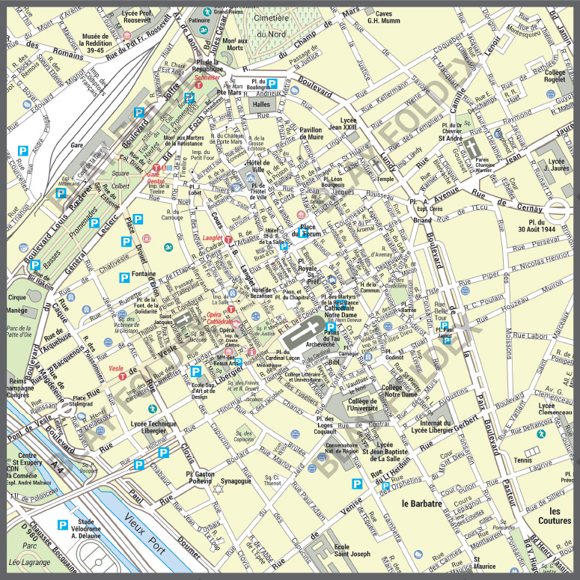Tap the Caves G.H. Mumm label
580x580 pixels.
click(x=384, y=17)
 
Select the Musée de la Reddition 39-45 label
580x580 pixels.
click(x=96, y=43)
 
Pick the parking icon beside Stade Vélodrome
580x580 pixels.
click(x=64, y=525)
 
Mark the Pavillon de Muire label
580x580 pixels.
click(x=311, y=133)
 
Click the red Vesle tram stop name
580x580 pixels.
click(x=116, y=368)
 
